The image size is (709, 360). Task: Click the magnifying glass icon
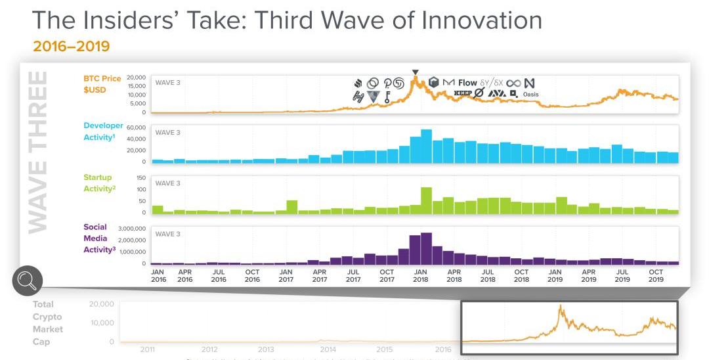click(27, 281)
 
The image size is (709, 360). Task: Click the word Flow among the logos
click(467, 83)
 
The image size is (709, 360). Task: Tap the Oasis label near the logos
click(530, 95)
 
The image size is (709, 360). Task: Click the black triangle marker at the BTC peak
click(415, 72)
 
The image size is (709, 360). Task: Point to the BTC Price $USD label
click(102, 83)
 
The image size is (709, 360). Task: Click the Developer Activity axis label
click(103, 131)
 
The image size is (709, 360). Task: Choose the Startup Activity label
click(99, 183)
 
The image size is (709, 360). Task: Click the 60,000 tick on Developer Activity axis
click(135, 127)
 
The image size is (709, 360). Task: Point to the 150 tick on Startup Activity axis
click(140, 178)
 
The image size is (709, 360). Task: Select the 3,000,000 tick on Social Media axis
click(131, 229)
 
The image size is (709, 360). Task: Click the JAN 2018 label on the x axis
click(420, 275)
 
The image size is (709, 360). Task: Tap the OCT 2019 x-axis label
click(656, 275)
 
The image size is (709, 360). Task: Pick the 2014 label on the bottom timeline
click(328, 349)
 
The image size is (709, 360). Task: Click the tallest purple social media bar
click(426, 248)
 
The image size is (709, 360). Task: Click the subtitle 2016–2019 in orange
click(71, 47)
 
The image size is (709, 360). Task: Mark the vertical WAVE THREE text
click(38, 151)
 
